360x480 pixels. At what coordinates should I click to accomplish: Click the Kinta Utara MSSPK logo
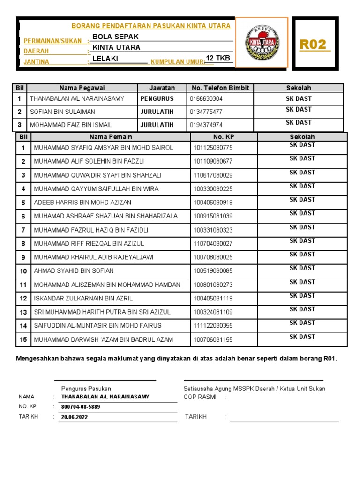261,43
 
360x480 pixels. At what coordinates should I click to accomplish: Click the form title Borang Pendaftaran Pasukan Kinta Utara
150,26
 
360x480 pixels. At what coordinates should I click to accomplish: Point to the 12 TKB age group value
218,58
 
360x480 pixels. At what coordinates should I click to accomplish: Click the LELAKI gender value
105,59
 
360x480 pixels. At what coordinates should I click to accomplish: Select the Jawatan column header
162,88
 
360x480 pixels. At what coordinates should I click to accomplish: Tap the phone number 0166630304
206,99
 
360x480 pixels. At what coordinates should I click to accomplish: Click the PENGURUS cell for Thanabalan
157,99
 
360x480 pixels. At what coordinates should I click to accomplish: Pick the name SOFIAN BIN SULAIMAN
62,112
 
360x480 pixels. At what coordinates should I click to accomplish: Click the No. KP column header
224,137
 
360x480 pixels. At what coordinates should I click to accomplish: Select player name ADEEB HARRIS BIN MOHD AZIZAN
82,202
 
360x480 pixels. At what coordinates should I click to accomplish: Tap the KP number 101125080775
212,148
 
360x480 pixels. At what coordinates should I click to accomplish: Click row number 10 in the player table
23,271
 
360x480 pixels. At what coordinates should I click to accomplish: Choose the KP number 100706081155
212,339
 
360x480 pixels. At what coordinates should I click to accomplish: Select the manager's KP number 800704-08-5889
81,407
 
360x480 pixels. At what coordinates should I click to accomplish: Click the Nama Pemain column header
111,137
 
